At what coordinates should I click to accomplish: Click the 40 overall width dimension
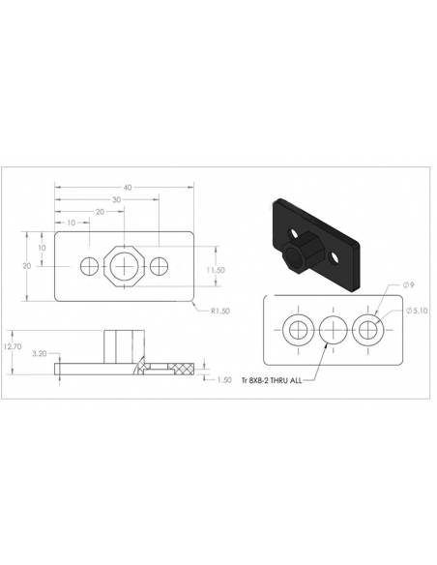pyautogui.click(x=128, y=188)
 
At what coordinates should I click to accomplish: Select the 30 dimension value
pyautogui.click(x=116, y=200)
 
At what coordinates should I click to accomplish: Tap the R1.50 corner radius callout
pyautogui.click(x=219, y=311)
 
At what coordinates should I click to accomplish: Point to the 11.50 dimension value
pyautogui.click(x=216, y=270)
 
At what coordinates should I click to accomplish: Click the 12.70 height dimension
pyautogui.click(x=13, y=346)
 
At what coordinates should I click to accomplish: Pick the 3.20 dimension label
pyautogui.click(x=40, y=354)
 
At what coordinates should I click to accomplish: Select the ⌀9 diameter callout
pyautogui.click(x=409, y=285)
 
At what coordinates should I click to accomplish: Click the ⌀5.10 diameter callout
pyautogui.click(x=417, y=311)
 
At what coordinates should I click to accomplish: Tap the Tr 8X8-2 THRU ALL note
pyautogui.click(x=272, y=380)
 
